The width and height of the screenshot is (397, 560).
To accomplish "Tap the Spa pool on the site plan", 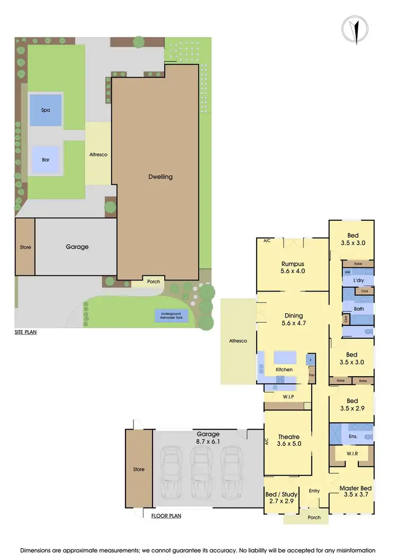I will click(x=46, y=110).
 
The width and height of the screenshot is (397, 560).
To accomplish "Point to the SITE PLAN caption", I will click(x=25, y=333).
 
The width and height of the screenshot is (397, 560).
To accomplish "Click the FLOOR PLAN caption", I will click(x=166, y=516).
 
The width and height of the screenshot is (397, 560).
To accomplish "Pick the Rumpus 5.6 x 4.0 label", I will click(x=292, y=267).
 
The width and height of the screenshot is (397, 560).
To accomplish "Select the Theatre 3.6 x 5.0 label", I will click(x=289, y=440).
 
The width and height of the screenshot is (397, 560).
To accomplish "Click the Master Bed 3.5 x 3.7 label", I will click(x=352, y=491).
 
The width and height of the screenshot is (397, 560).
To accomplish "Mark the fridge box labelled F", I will click(x=311, y=359).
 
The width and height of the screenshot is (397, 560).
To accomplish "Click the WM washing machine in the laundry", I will click(x=348, y=272).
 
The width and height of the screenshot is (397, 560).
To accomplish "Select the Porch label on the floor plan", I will click(x=314, y=517).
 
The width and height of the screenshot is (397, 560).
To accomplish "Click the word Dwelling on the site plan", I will click(x=160, y=177).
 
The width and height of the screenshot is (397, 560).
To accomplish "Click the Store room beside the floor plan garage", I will click(x=138, y=469).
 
